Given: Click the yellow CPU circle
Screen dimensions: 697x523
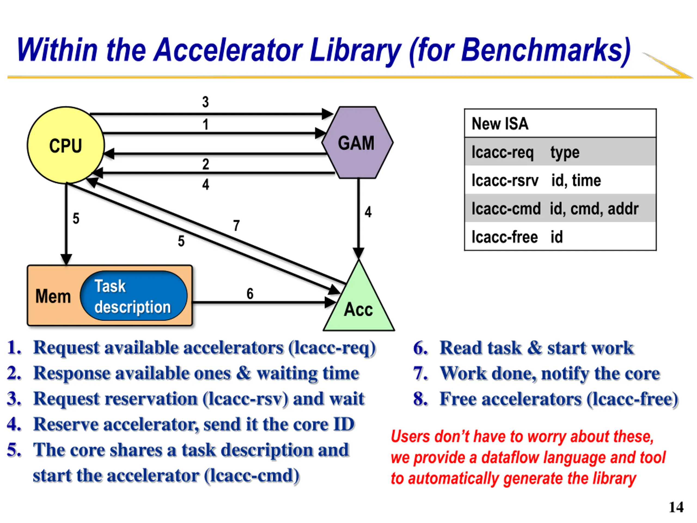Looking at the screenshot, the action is pyautogui.click(x=66, y=145).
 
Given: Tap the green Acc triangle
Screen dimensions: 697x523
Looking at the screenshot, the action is pyautogui.click(x=359, y=295).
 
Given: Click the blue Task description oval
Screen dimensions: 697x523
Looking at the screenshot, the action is pyautogui.click(x=134, y=296).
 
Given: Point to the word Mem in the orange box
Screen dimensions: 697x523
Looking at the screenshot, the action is pyautogui.click(x=53, y=296).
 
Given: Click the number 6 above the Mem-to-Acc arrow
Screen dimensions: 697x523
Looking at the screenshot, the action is pyautogui.click(x=250, y=293).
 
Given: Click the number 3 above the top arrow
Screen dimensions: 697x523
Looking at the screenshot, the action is pyautogui.click(x=206, y=102).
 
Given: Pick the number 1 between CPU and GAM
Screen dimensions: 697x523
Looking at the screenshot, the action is pyautogui.click(x=206, y=124).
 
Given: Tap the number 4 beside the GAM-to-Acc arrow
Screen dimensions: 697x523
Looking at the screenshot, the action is pyautogui.click(x=368, y=212).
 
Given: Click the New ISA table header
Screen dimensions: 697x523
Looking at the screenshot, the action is pyautogui.click(x=560, y=123).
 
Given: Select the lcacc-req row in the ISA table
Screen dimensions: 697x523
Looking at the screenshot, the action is pyautogui.click(x=560, y=152).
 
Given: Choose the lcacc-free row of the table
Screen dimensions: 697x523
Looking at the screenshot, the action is pyautogui.click(x=560, y=236).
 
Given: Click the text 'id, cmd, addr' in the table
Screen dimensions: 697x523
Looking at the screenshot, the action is pyautogui.click(x=594, y=209).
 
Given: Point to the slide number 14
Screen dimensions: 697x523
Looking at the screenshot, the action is pyautogui.click(x=676, y=507).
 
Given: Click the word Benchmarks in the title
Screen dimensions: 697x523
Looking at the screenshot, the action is pyautogui.click(x=546, y=50).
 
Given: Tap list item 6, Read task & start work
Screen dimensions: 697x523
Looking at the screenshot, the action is pyautogui.click(x=523, y=348).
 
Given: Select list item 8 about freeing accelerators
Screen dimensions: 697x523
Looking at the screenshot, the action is pyautogui.click(x=546, y=399).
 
